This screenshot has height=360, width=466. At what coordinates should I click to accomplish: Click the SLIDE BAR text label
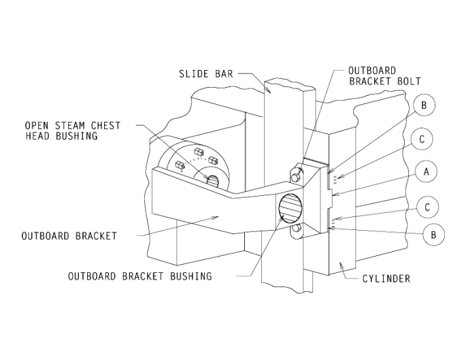[x=205, y=73]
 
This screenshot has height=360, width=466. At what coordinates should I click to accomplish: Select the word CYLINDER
[x=386, y=278]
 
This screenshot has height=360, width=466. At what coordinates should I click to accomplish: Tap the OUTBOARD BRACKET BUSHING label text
[x=139, y=276]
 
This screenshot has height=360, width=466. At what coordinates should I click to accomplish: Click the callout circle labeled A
[x=426, y=172]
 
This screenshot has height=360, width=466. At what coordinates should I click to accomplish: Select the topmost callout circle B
[x=423, y=105]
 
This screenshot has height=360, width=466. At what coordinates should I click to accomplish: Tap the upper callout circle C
[x=422, y=139]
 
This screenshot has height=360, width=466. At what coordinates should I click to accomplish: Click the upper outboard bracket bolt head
[x=295, y=175]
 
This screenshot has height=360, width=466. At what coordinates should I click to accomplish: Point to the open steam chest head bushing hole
[x=212, y=180]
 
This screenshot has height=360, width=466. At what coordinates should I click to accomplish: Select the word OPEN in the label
[x=37, y=126]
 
